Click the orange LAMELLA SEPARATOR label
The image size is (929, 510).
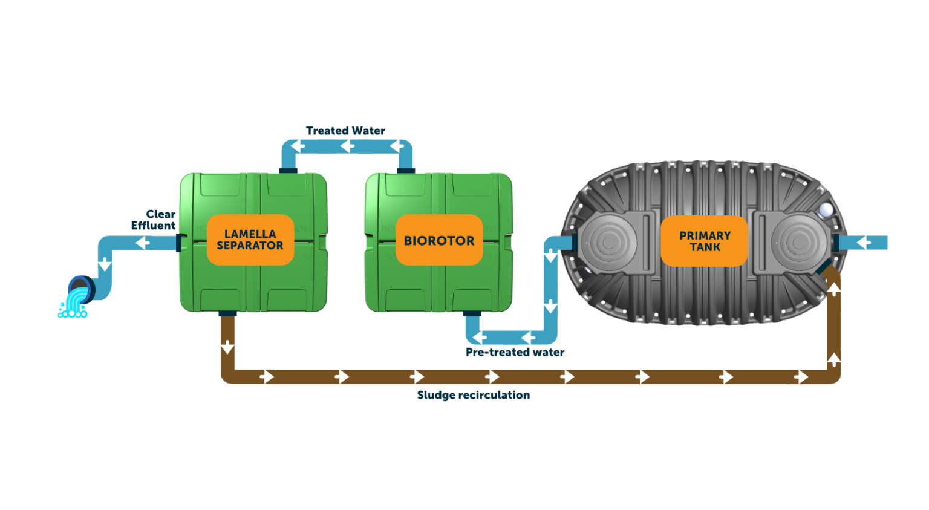pos(250,240)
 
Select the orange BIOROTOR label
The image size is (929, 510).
pos(439,240)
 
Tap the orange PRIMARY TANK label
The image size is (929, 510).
pos(705,241)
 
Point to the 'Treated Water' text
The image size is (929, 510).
pos(345,131)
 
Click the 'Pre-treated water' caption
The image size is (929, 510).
pos(515,352)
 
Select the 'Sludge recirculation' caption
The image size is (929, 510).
pos(474,395)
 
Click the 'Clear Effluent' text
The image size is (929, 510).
pos(155,220)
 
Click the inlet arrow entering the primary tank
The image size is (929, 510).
pos(864,243)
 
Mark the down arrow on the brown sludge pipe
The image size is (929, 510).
pos(227,347)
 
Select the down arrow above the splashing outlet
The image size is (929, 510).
pos(105,264)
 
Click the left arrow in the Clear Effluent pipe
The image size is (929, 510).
pos(143,243)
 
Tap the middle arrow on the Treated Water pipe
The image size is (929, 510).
pos(347,146)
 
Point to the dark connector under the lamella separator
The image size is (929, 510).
pos(228,313)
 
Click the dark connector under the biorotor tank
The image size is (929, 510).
pos(472,313)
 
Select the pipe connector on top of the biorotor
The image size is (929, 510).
pos(405,170)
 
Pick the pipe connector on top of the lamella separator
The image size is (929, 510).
pos(288,170)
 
